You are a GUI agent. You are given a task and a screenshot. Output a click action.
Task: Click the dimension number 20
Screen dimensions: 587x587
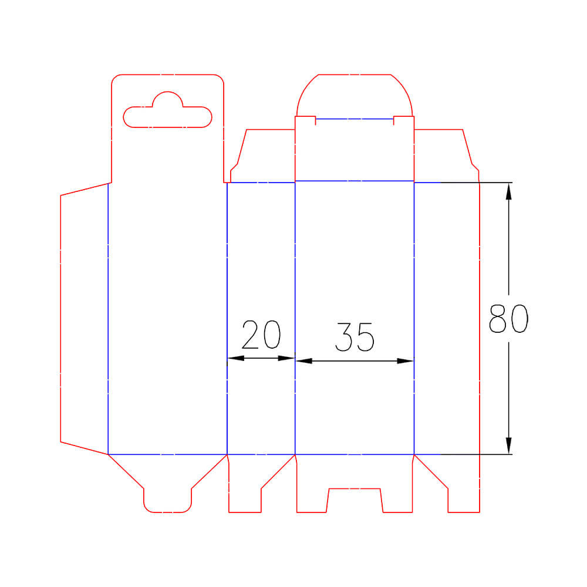pos(261,335)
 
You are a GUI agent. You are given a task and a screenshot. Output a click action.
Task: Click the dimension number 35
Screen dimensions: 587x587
pos(355,337)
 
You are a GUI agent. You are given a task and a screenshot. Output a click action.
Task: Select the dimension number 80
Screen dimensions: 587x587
pos(508,318)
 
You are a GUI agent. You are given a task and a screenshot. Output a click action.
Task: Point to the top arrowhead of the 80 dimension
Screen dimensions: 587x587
pos(508,191)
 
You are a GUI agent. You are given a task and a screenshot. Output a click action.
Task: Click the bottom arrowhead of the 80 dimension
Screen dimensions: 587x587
pos(508,446)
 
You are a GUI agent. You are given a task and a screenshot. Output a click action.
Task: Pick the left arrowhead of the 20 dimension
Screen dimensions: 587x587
pos(236,358)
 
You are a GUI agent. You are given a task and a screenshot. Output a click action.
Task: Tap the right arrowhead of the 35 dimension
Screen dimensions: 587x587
pos(405,361)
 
